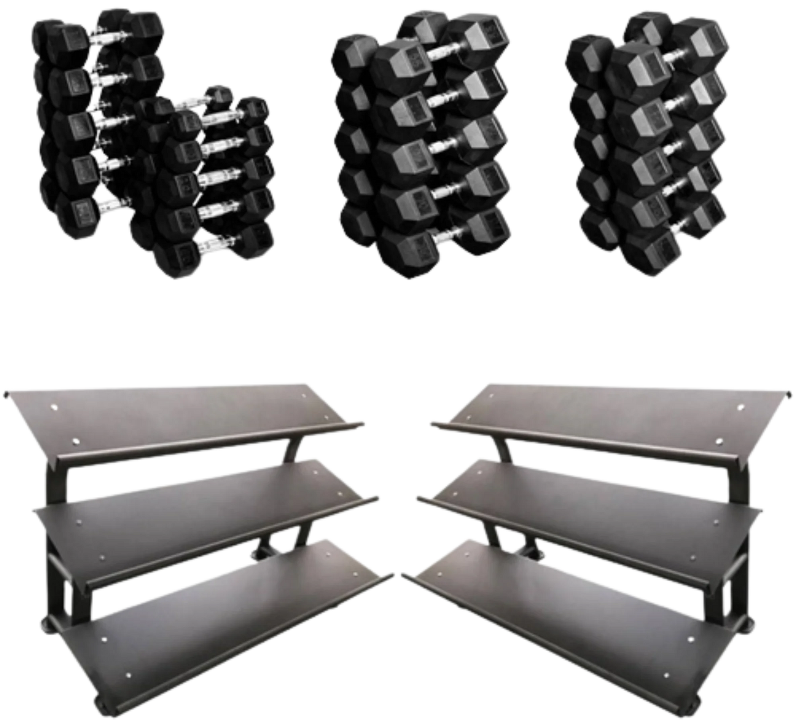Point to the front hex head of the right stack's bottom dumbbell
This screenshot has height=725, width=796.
coord(644,250)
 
